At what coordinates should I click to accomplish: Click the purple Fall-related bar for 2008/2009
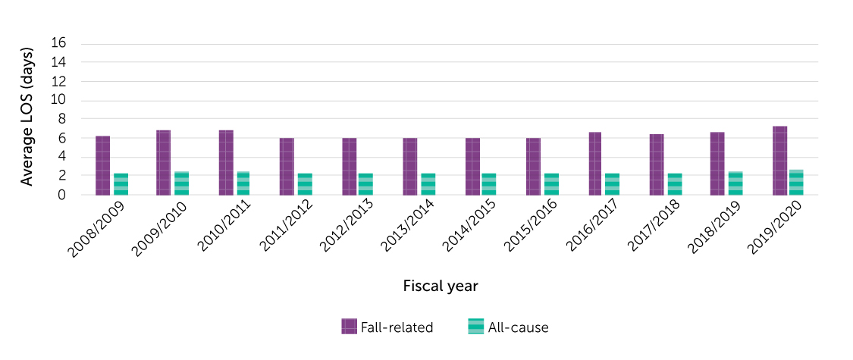[103, 166]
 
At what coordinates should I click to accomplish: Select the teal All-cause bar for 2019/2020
[796, 183]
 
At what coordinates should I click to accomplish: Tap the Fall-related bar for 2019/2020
[779, 161]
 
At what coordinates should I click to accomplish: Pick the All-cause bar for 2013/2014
[428, 184]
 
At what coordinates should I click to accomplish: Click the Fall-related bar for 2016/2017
[595, 164]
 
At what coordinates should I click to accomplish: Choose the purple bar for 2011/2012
[287, 167]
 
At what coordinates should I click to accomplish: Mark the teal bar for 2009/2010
[182, 183]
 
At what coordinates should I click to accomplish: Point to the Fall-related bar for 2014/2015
[472, 167]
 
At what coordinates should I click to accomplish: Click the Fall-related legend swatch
[350, 327]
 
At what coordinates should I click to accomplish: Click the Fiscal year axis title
[441, 286]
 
